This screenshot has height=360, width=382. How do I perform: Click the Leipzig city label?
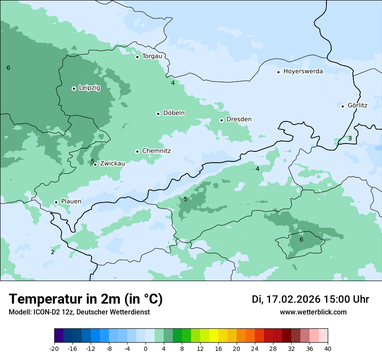[x=89, y=88]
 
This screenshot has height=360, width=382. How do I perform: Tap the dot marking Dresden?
[x=221, y=120]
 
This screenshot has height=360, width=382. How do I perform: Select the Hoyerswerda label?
[x=303, y=71]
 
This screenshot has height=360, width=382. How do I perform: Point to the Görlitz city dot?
[x=342, y=106]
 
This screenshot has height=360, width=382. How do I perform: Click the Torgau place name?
[x=152, y=56]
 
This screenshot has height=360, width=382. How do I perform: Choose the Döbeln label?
[x=174, y=113]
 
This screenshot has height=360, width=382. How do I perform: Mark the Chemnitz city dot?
[x=137, y=151]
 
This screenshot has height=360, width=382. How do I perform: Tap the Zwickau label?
[x=112, y=164]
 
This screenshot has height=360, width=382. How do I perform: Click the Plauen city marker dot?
[x=56, y=202]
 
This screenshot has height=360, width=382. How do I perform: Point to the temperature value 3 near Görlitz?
[x=350, y=138]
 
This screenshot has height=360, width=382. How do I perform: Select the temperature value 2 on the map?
[x=53, y=252]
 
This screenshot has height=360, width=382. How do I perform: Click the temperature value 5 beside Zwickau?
[x=92, y=161]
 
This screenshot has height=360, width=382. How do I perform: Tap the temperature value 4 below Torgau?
[x=173, y=83]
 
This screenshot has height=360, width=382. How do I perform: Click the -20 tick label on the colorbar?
[x=54, y=349]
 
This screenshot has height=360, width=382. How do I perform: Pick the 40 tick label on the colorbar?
[x=328, y=349]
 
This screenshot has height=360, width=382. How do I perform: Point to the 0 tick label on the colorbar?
[x=145, y=349]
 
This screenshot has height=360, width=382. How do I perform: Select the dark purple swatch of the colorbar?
[x=59, y=336]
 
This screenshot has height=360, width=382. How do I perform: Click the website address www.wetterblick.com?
[x=313, y=312]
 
